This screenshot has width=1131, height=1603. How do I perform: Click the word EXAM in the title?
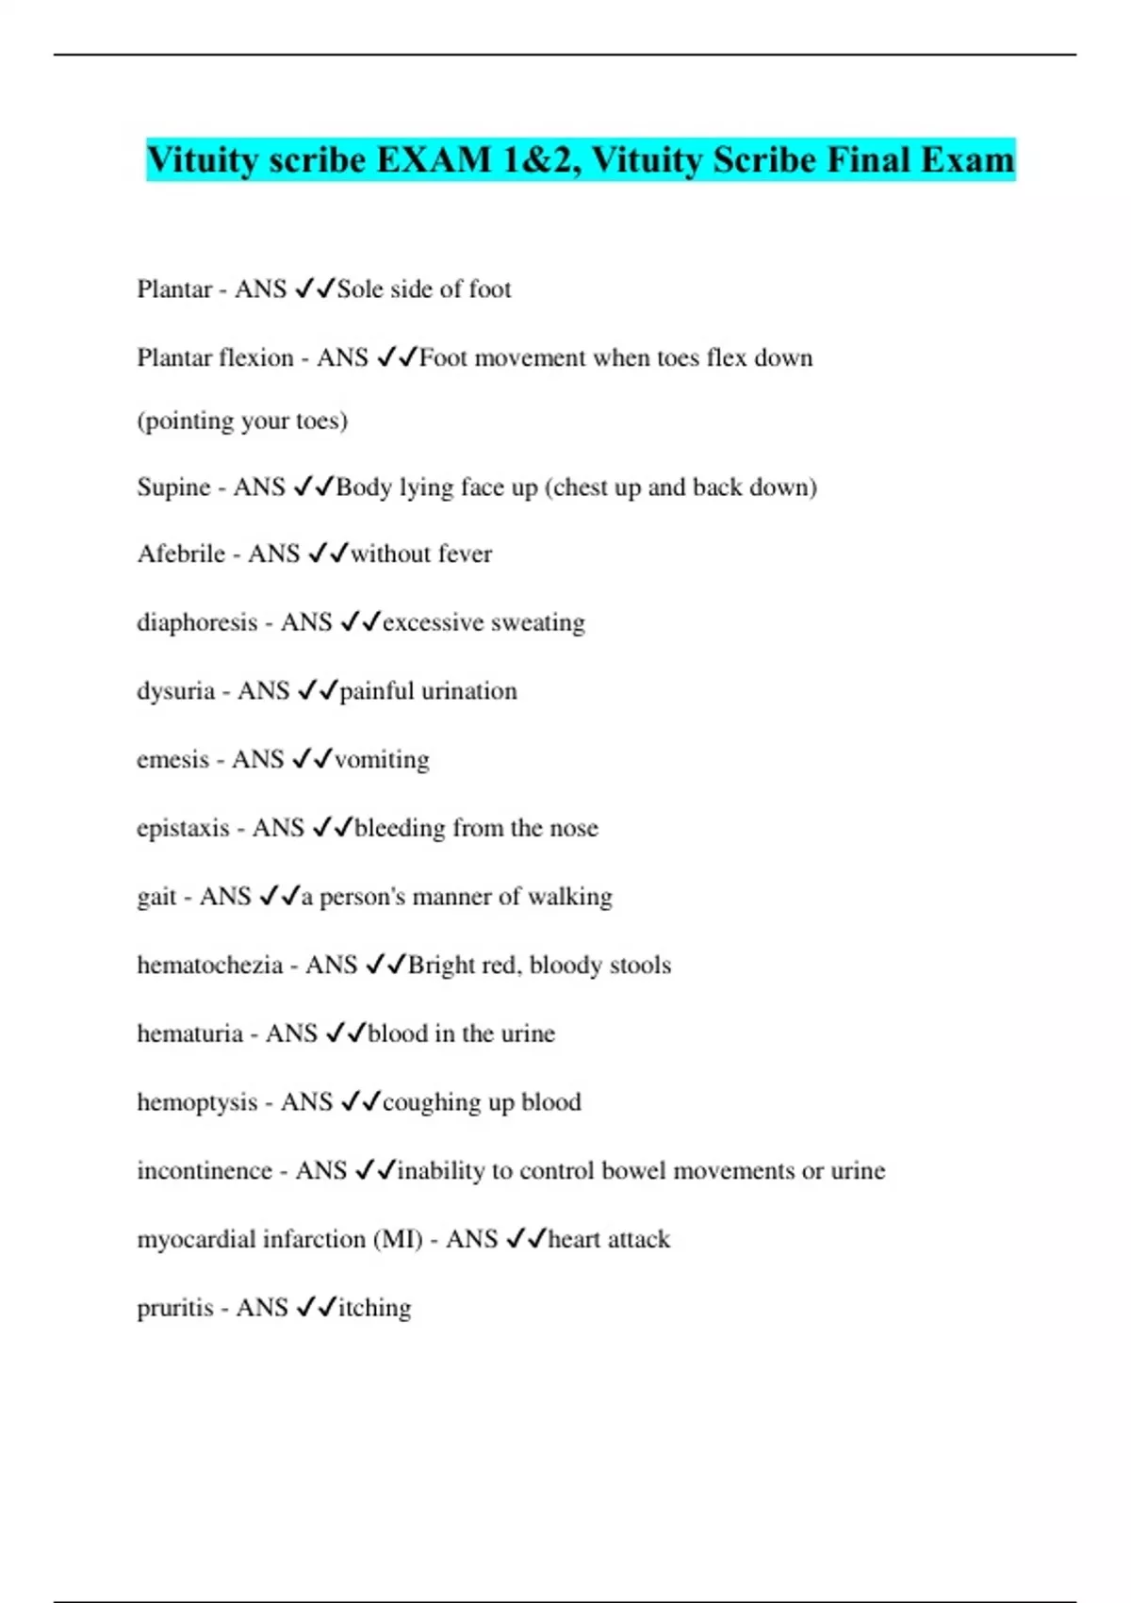click(x=434, y=160)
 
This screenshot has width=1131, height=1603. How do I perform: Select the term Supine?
click(x=173, y=488)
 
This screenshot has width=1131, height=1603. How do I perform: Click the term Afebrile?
click(x=181, y=554)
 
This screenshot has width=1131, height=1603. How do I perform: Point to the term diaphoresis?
click(x=197, y=622)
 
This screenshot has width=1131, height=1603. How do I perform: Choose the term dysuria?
click(x=175, y=691)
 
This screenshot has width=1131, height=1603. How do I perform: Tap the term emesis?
click(x=172, y=759)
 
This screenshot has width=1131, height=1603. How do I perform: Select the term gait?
click(x=156, y=897)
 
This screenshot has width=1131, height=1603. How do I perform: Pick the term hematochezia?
click(x=209, y=965)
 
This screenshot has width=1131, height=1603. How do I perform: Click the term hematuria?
click(x=189, y=1033)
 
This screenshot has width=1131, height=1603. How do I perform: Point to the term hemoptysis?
click(x=197, y=1102)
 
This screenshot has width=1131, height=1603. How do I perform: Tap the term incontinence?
click(x=205, y=1170)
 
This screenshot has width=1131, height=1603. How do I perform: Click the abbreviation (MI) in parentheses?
click(x=398, y=1239)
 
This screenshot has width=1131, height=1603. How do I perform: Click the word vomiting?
click(x=382, y=759)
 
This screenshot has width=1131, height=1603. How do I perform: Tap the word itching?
click(x=374, y=1308)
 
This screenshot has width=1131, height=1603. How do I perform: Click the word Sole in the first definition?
click(x=360, y=289)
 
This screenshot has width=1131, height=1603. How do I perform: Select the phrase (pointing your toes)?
click(x=242, y=421)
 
